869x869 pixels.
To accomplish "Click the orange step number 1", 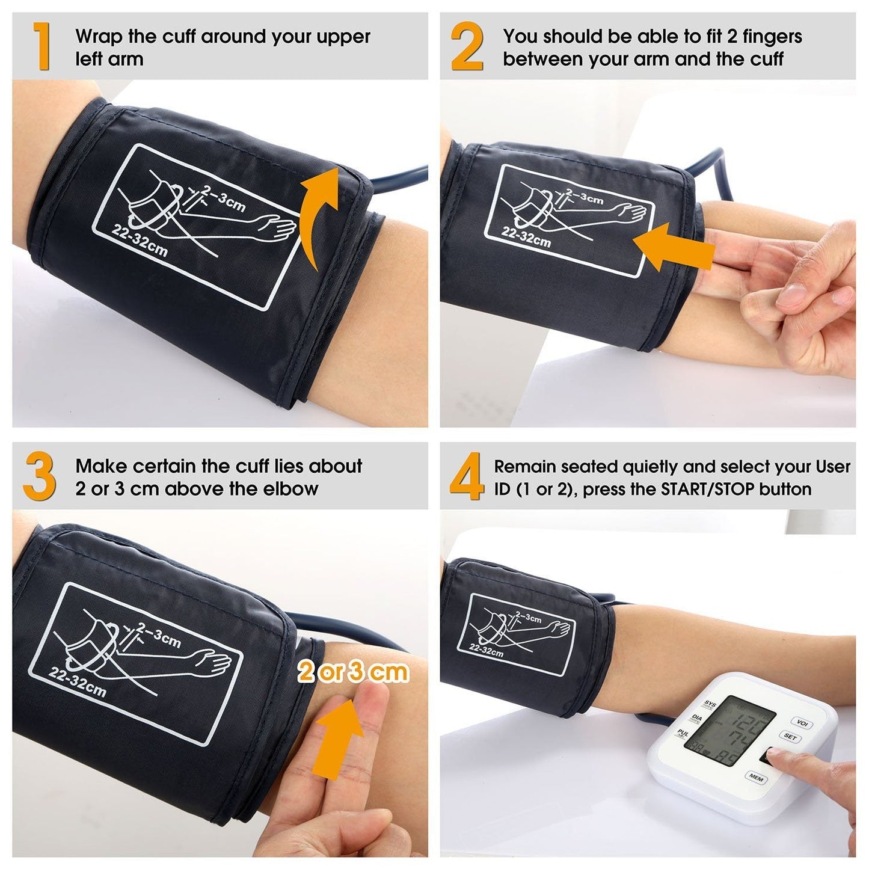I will [x=41, y=46].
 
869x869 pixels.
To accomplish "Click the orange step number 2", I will [x=467, y=46].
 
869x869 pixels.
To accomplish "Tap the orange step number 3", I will [x=40, y=476].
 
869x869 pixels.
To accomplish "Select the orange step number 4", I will [x=467, y=476].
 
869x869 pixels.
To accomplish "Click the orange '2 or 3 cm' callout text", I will [x=353, y=672].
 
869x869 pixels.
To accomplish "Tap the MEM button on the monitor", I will [x=755, y=778].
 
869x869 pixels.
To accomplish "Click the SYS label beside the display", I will [x=710, y=704].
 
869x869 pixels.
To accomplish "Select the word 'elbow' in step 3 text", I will [x=292, y=489].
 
